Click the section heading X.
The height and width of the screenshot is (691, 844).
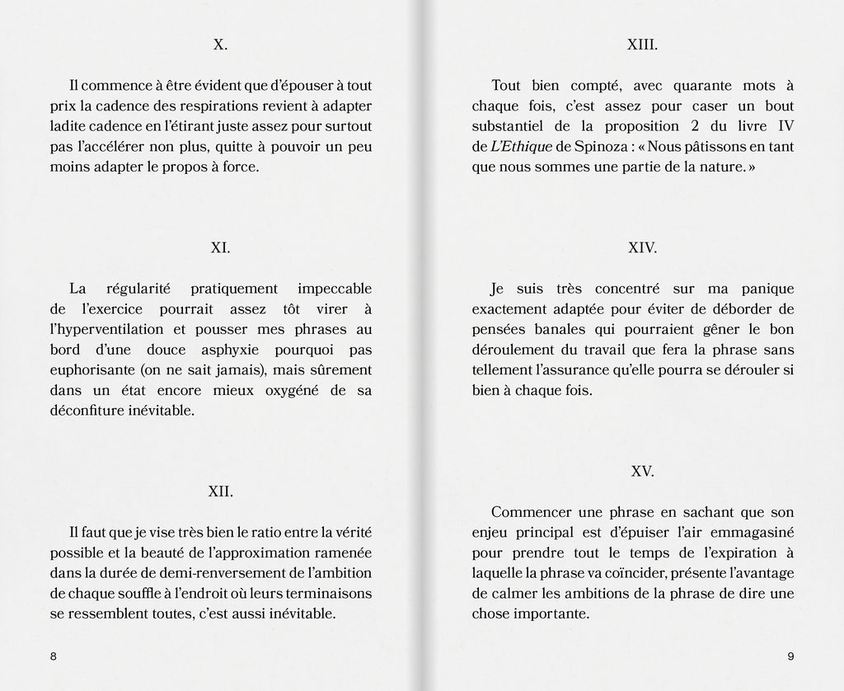(x=220, y=45)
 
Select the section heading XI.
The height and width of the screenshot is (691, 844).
(x=220, y=247)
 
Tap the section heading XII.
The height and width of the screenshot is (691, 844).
(x=220, y=491)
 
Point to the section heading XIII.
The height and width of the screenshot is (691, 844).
(x=642, y=45)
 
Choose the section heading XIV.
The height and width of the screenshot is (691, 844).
(x=642, y=247)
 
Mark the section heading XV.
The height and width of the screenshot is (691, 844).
(x=642, y=472)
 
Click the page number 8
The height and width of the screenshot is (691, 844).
(x=54, y=656)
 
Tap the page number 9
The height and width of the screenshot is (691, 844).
(x=790, y=656)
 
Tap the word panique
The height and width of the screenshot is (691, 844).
(x=767, y=289)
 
